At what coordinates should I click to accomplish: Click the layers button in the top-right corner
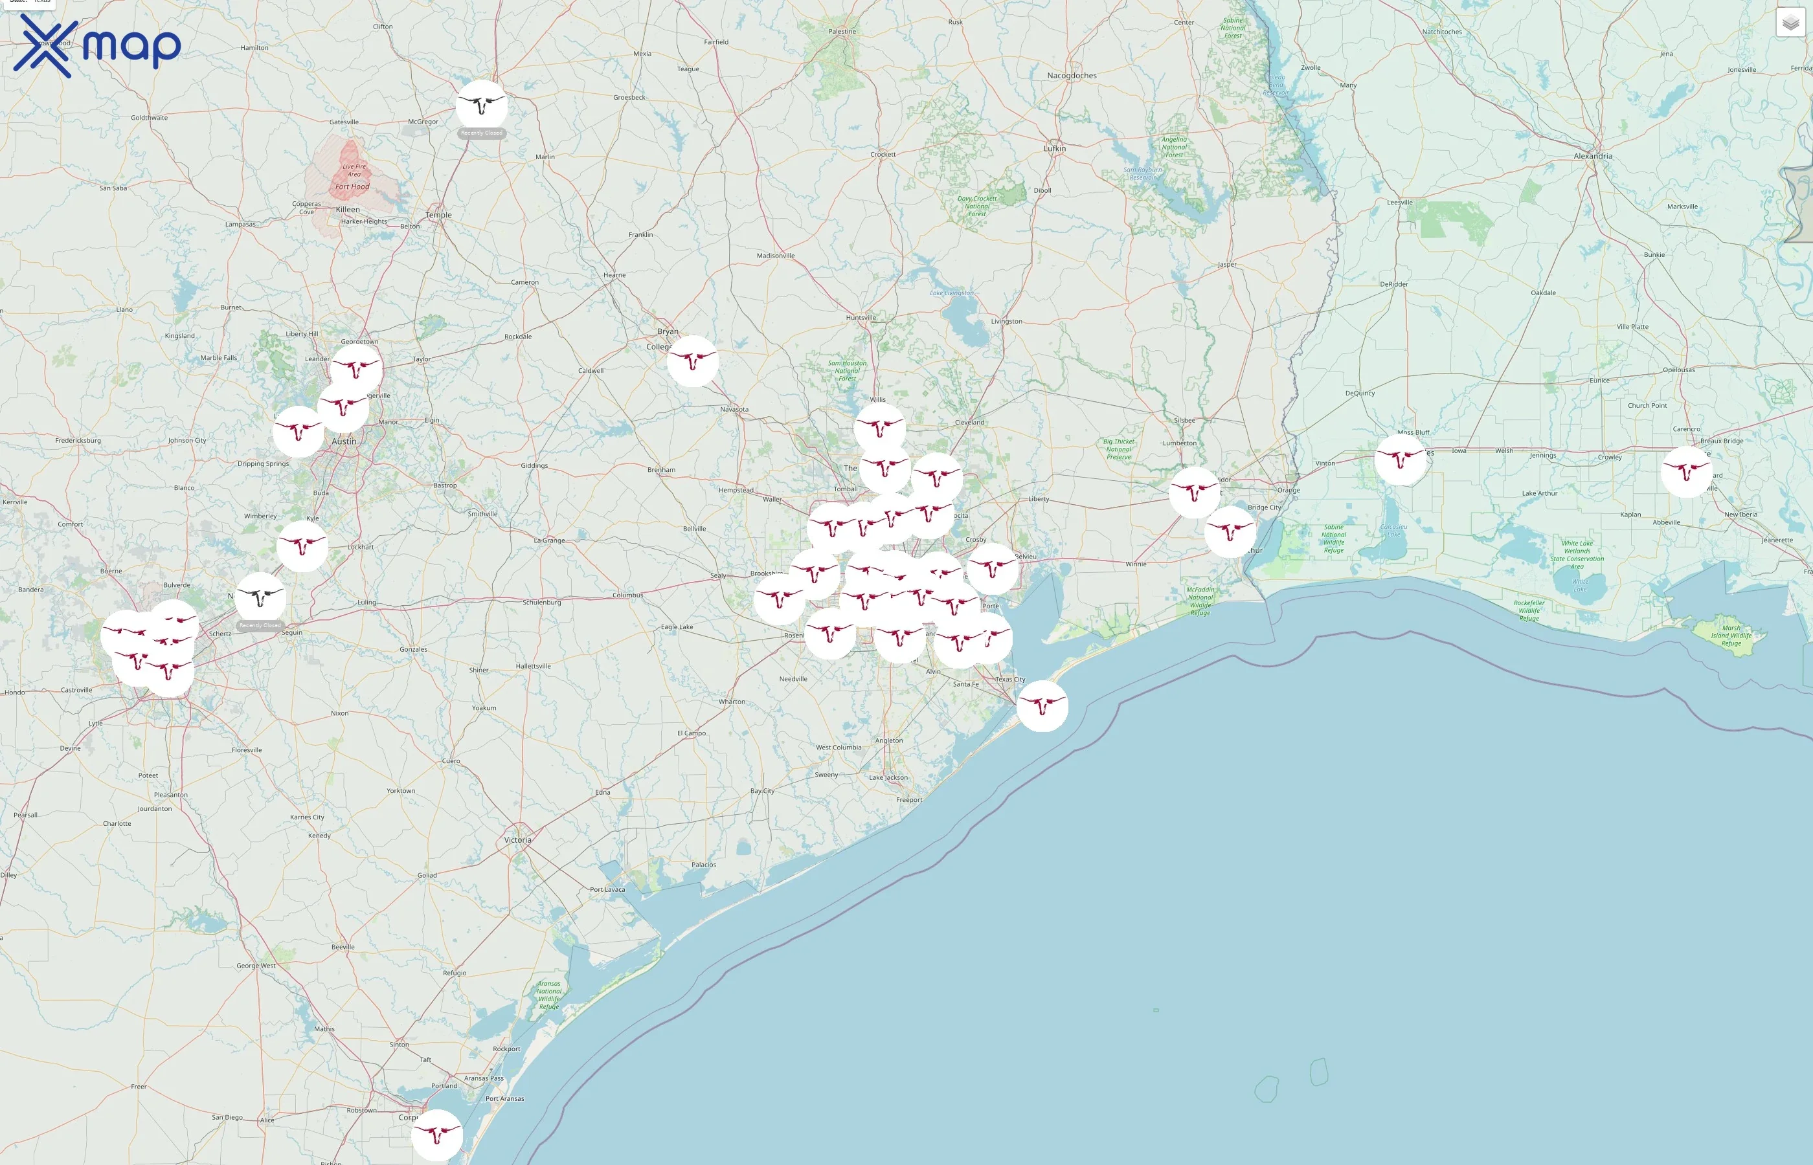[1790, 23]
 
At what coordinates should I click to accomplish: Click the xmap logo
[97, 46]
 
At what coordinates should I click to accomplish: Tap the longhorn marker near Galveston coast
[1042, 706]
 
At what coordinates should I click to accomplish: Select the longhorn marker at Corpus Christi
[436, 1135]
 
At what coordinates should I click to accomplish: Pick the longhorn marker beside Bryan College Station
[692, 361]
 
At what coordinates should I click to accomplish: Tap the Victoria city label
[517, 839]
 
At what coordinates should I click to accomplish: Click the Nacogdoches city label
[1072, 76]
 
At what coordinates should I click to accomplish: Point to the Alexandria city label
[1593, 156]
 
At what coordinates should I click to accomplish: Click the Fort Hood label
[353, 187]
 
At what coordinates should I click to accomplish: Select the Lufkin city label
[1054, 148]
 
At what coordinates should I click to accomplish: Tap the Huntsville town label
[861, 318]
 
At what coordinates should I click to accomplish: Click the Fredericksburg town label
[78, 440]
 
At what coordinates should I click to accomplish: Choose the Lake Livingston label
[952, 293]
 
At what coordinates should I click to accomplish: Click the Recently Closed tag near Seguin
[260, 626]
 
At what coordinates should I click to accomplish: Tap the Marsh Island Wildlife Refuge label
[1731, 636]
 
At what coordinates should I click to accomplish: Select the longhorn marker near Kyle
[302, 546]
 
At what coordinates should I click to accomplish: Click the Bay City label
[762, 790]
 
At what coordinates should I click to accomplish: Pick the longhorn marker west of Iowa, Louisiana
[1400, 459]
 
